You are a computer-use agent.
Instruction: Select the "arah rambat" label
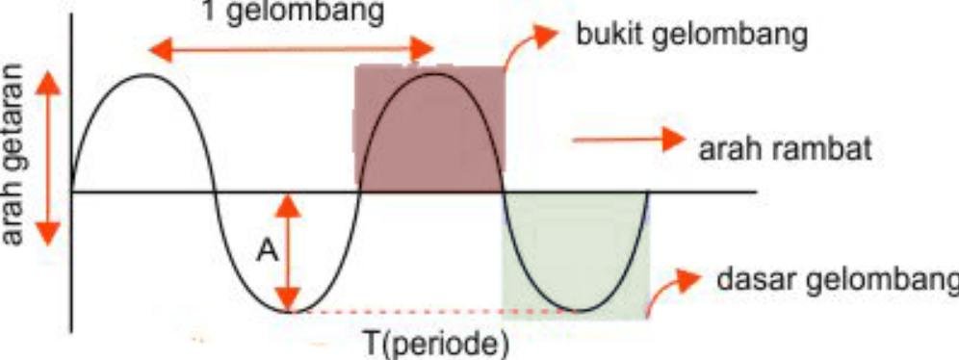tap(785, 150)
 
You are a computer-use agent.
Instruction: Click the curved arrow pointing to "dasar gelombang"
tap(670, 290)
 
